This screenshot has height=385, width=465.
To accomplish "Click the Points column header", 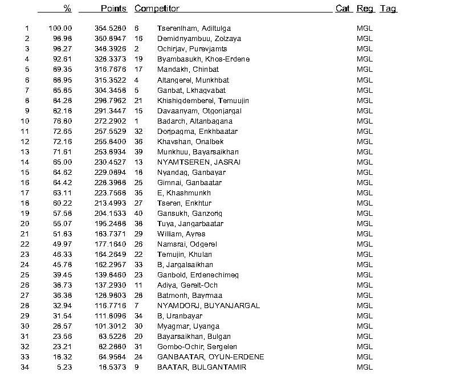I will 113,9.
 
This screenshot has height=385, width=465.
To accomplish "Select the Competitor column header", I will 157,9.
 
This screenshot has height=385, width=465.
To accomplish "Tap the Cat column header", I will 342,9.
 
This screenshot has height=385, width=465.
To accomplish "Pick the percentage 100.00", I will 60,28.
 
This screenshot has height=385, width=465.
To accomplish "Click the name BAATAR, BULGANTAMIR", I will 202,367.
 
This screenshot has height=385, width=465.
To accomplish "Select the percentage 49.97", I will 63,244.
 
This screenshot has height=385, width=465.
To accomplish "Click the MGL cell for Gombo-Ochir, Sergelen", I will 364,347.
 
